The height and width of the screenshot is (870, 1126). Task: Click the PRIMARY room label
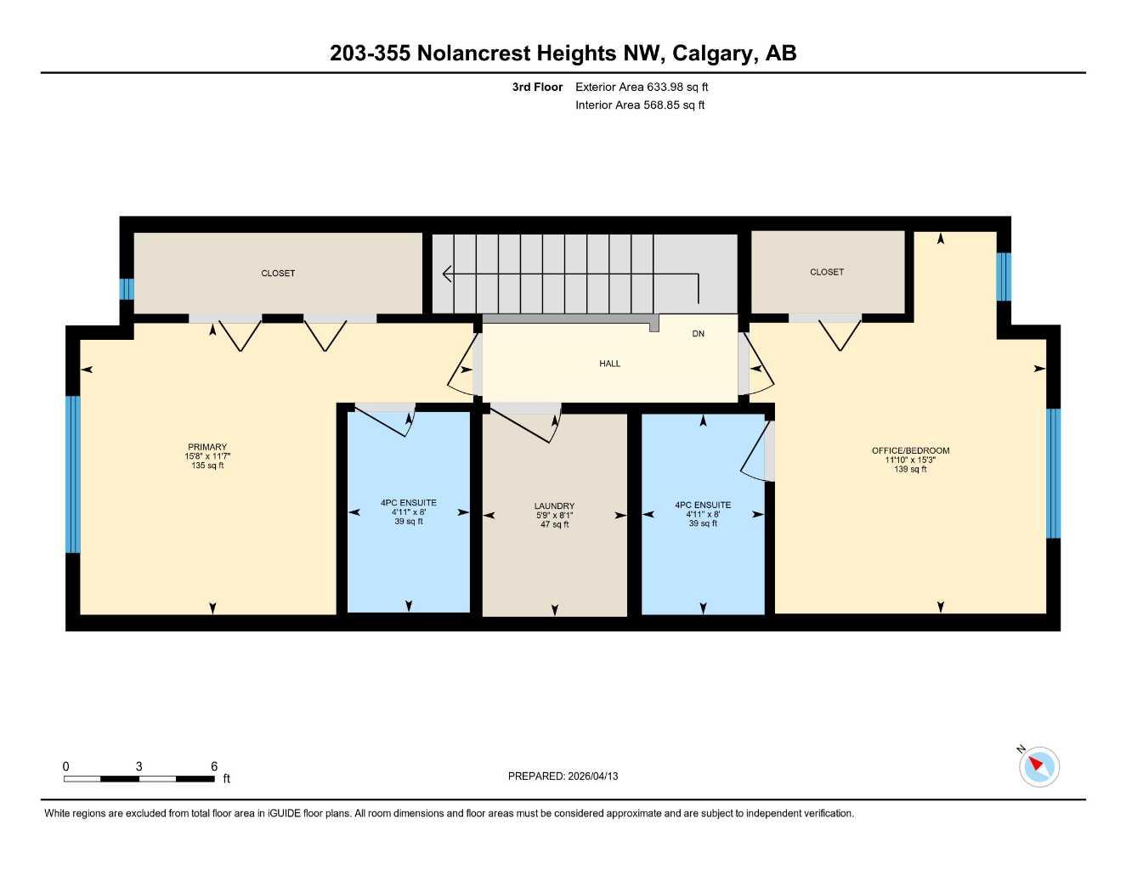pos(207,447)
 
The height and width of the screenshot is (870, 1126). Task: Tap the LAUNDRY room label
pos(554,506)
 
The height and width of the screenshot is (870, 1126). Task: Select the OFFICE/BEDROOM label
pos(910,450)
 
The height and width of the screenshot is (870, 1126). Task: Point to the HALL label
pos(609,364)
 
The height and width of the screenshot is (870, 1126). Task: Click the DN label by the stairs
pos(698,334)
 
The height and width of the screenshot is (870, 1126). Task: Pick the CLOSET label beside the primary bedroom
pos(278,273)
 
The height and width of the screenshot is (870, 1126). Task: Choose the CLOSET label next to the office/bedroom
pos(827,272)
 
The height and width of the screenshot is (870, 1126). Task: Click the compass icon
pos(1038,767)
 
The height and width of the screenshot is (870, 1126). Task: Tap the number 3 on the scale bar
pos(139,766)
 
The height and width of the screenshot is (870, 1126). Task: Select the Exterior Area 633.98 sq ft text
pos(642,87)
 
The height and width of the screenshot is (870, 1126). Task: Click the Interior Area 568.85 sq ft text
pos(640,105)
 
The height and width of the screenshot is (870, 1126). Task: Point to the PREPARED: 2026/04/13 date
pos(563,777)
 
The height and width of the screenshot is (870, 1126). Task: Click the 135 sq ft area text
pos(207,466)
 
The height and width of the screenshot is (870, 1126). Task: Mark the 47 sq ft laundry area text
pos(554,524)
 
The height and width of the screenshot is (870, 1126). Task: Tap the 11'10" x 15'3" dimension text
pos(910,460)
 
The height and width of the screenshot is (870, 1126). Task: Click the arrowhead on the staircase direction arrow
pos(446,274)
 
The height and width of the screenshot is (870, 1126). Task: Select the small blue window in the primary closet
pos(127,289)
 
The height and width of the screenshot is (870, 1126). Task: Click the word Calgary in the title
pos(712,54)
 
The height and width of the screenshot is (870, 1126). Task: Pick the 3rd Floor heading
pos(537,87)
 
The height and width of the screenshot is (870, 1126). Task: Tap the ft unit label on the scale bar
pos(226,778)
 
